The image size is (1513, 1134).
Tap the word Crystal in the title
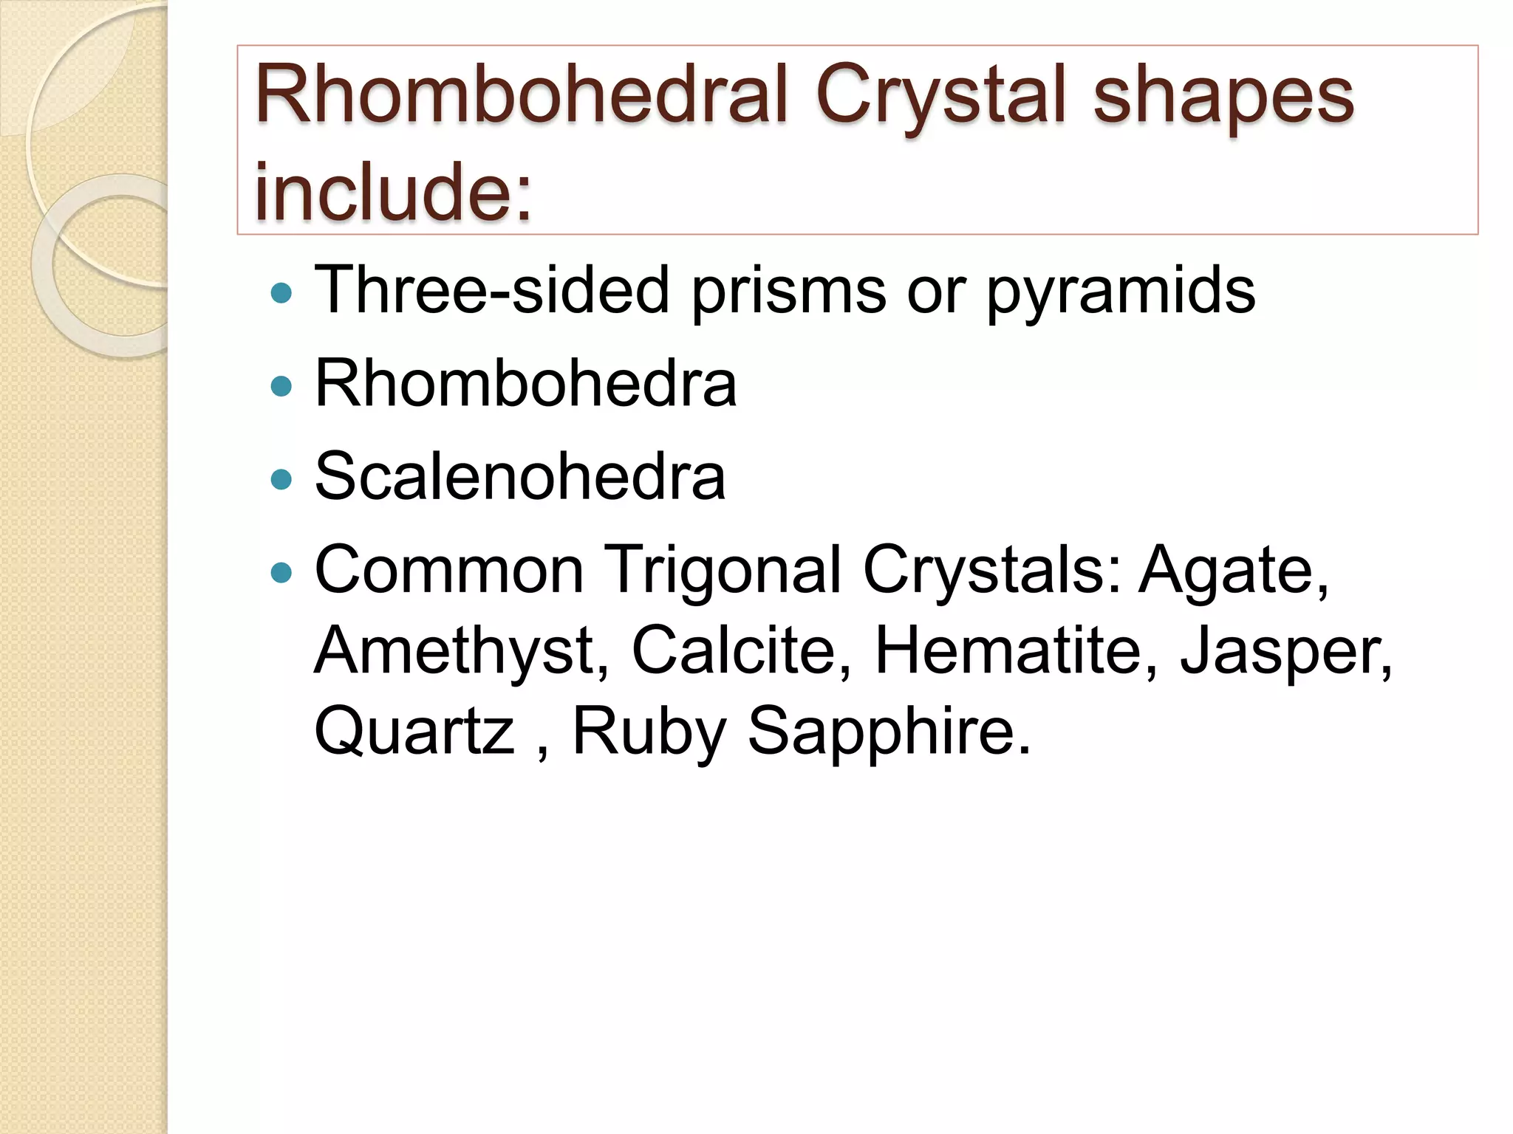[941, 96]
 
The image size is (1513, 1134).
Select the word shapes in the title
[1223, 96]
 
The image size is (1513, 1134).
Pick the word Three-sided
[491, 289]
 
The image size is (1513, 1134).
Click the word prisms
[788, 289]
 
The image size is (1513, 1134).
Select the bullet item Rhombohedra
[525, 382]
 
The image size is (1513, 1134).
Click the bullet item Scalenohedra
[519, 476]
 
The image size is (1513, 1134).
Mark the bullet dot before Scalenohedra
[281, 481]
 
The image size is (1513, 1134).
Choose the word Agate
[1233, 569]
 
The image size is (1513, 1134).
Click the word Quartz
[414, 730]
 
